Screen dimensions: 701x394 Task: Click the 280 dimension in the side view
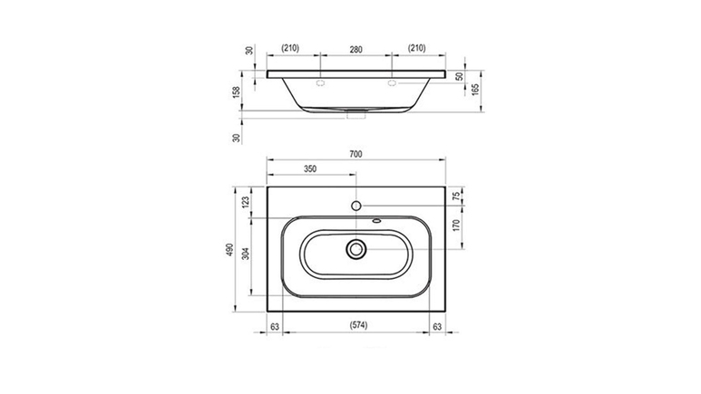tap(355, 50)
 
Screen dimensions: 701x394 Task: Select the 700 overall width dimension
tap(355, 155)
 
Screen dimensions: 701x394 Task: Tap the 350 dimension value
tap(310, 168)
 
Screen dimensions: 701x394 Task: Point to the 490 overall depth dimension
tap(229, 250)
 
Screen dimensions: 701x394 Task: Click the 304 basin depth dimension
tap(246, 254)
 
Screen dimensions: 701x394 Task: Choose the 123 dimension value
tap(246, 202)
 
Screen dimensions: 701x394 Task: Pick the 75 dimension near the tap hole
tap(456, 196)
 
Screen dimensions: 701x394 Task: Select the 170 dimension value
tap(456, 226)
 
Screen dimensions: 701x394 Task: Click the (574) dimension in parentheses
tap(358, 325)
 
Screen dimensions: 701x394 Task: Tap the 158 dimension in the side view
tap(237, 92)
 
